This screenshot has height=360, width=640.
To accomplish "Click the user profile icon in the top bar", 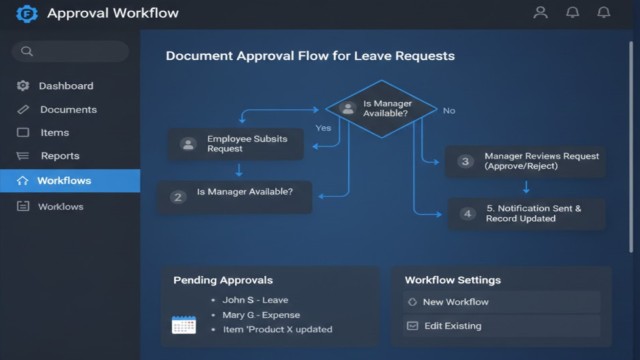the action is pos(540,13).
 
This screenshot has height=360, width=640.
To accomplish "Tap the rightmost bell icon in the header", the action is pos(603,13).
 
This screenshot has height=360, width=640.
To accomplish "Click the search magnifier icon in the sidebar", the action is pos(27,51).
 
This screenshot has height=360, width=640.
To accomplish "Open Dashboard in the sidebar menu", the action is pos(65,86).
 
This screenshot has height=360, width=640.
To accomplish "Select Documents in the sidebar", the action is pos(68,110).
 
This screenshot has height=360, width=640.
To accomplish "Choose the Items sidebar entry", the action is pos(54,133).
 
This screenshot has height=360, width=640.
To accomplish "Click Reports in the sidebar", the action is pos(60,156).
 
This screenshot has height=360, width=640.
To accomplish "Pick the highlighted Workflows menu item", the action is pos(64,181).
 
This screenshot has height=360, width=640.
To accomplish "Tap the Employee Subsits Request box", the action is pos(235,144).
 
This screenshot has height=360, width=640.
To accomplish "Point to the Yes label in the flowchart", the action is pos(323,128).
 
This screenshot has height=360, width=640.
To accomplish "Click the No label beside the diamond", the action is pos(449,110).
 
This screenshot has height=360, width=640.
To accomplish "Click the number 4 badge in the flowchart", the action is pos(466,213).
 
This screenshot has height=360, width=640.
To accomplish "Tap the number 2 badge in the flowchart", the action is pos(178,197).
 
